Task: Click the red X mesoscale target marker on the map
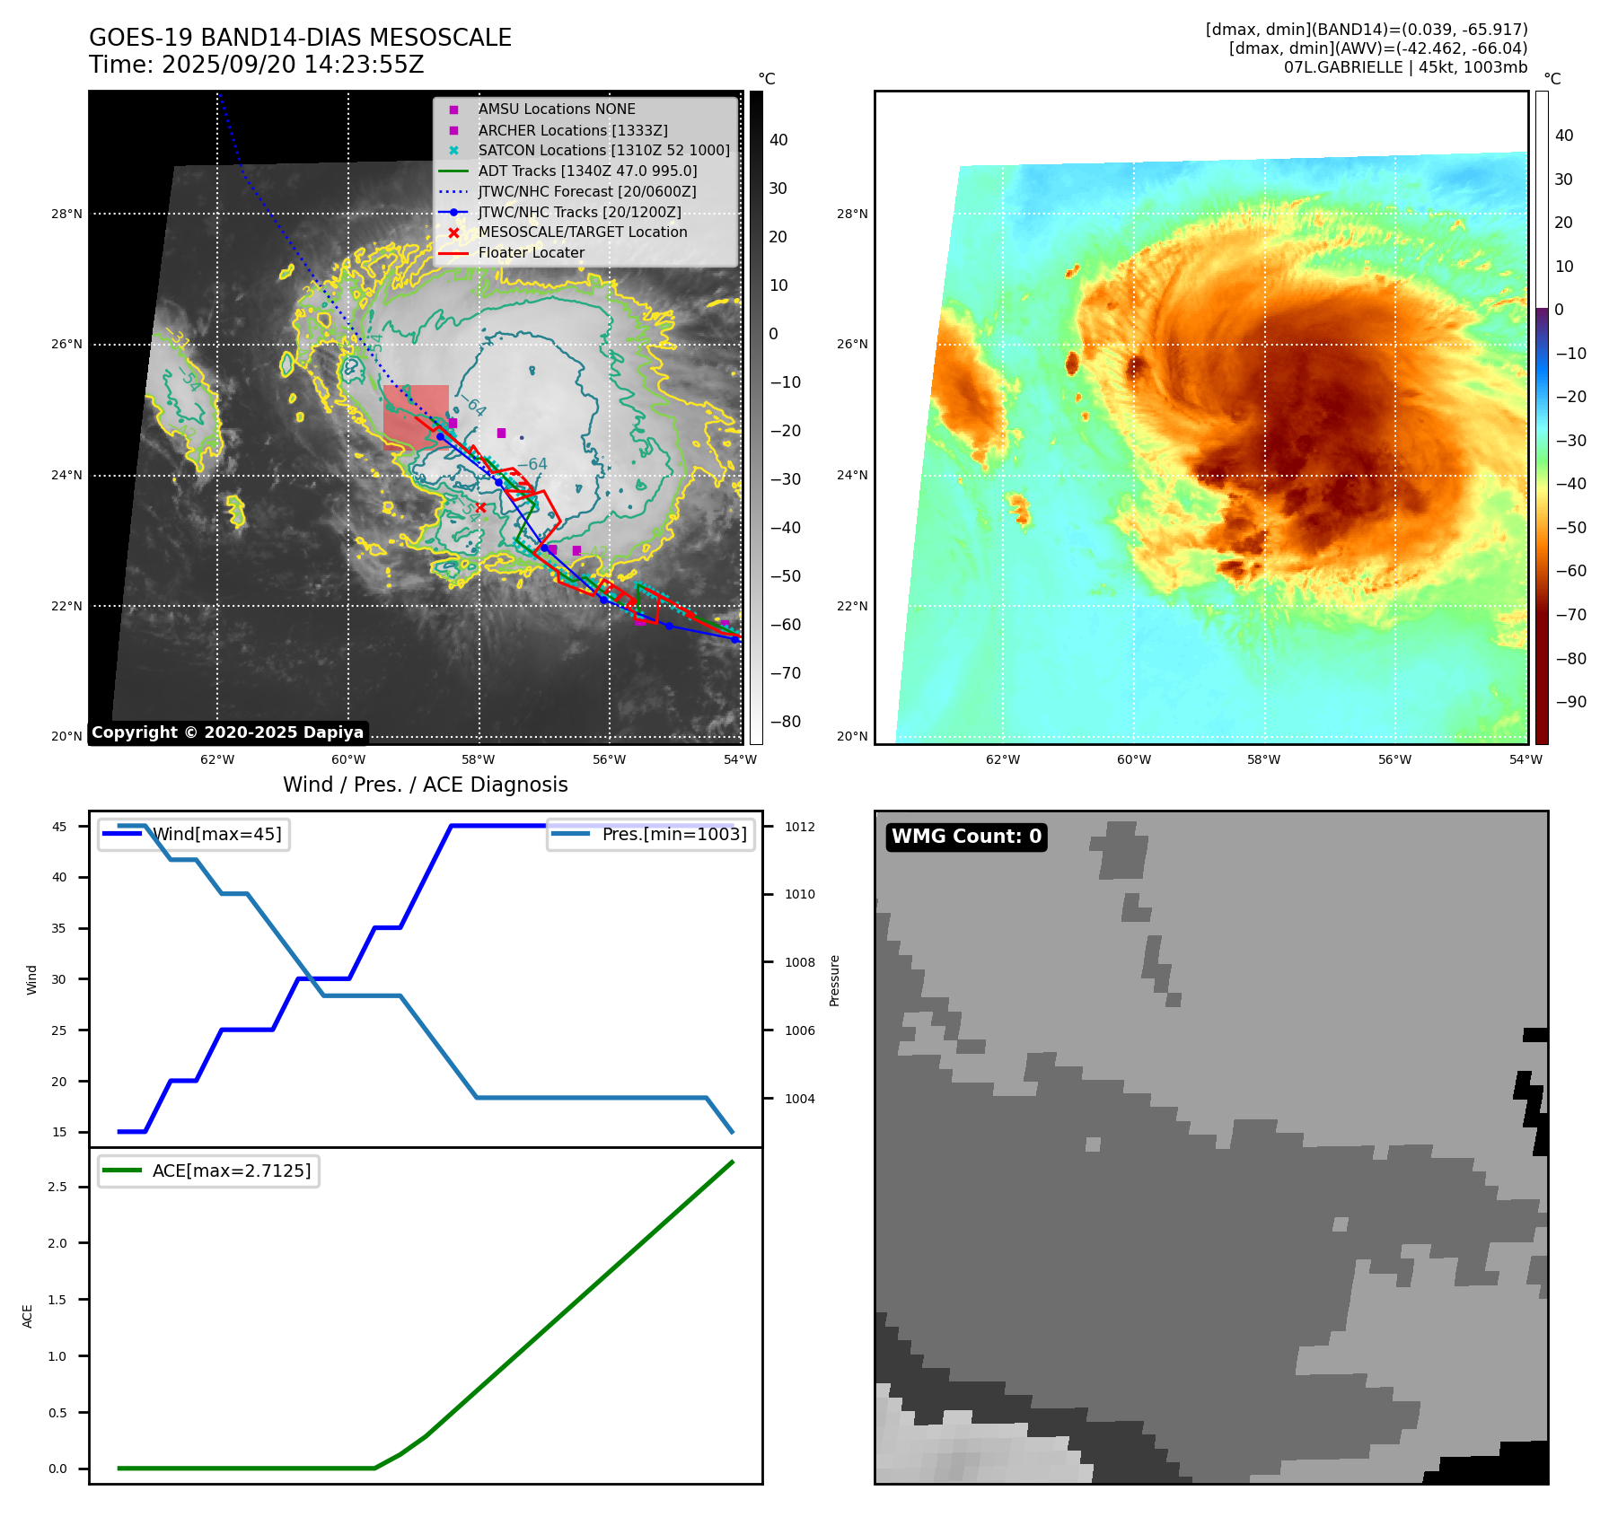[480, 508]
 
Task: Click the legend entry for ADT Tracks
[587, 171]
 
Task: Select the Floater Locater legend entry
[531, 253]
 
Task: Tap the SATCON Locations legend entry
[603, 151]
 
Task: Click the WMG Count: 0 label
[966, 837]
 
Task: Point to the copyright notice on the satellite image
[227, 732]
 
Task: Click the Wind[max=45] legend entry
[216, 835]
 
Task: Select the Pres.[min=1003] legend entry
[673, 835]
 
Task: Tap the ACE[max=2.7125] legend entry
[231, 1171]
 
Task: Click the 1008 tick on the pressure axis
[800, 963]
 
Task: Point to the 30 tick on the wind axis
[59, 979]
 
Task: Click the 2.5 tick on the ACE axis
[57, 1188]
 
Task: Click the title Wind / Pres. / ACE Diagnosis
[425, 785]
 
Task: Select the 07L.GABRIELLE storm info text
[1404, 68]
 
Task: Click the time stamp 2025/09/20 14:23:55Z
[292, 66]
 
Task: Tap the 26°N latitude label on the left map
[66, 345]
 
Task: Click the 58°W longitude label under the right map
[1263, 760]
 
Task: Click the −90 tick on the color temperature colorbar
[1570, 702]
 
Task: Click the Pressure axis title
[835, 980]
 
